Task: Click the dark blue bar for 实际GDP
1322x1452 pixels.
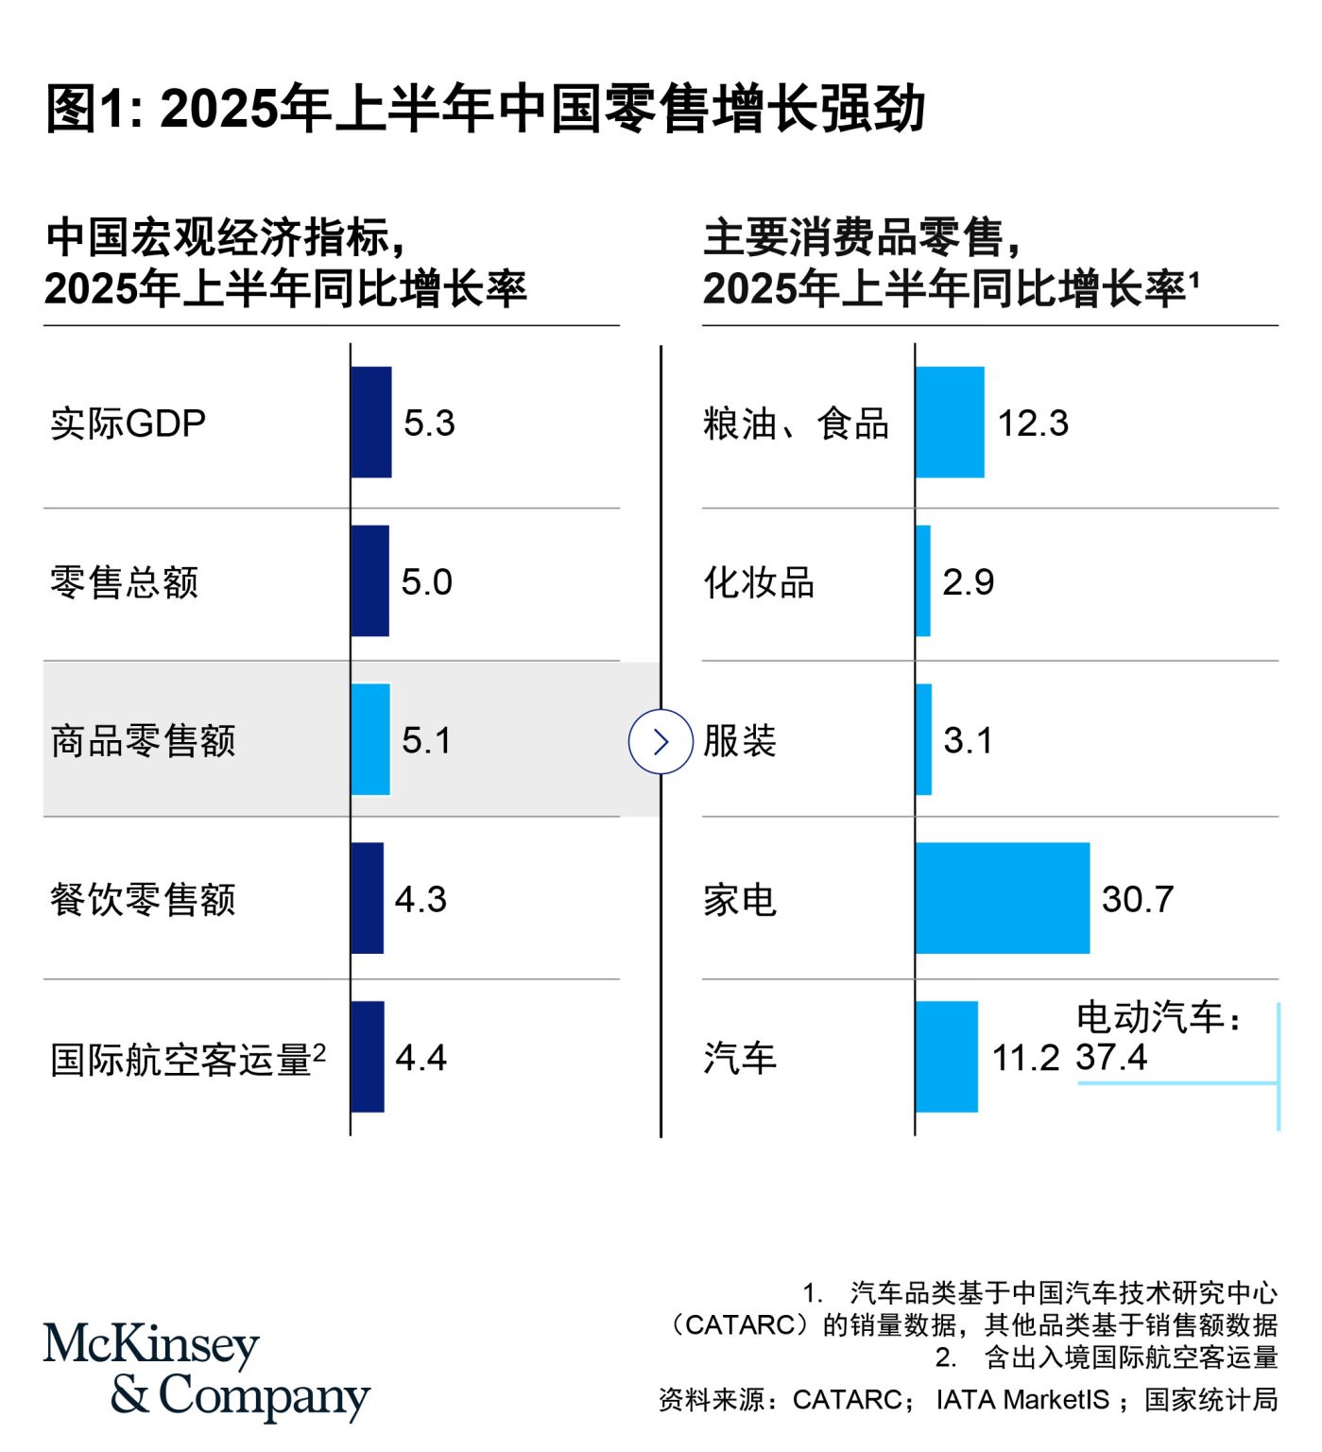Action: click(370, 422)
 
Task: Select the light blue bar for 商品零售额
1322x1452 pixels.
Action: click(370, 739)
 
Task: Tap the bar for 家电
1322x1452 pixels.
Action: click(1002, 898)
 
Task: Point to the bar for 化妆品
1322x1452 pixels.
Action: click(923, 580)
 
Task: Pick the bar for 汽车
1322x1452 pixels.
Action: click(946, 1057)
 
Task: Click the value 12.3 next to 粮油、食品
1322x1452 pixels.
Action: click(1033, 423)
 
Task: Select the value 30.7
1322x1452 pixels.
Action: click(1138, 899)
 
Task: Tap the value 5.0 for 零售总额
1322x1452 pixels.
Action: click(427, 582)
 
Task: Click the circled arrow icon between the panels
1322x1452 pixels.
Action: click(661, 741)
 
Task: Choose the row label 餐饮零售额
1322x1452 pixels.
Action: click(143, 900)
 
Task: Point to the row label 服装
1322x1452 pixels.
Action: click(740, 741)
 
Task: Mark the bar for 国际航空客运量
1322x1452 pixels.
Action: click(368, 1057)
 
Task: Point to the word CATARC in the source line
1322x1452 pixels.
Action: click(847, 1400)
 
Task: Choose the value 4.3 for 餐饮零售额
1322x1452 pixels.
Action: click(421, 900)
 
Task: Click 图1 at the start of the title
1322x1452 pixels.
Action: click(85, 108)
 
